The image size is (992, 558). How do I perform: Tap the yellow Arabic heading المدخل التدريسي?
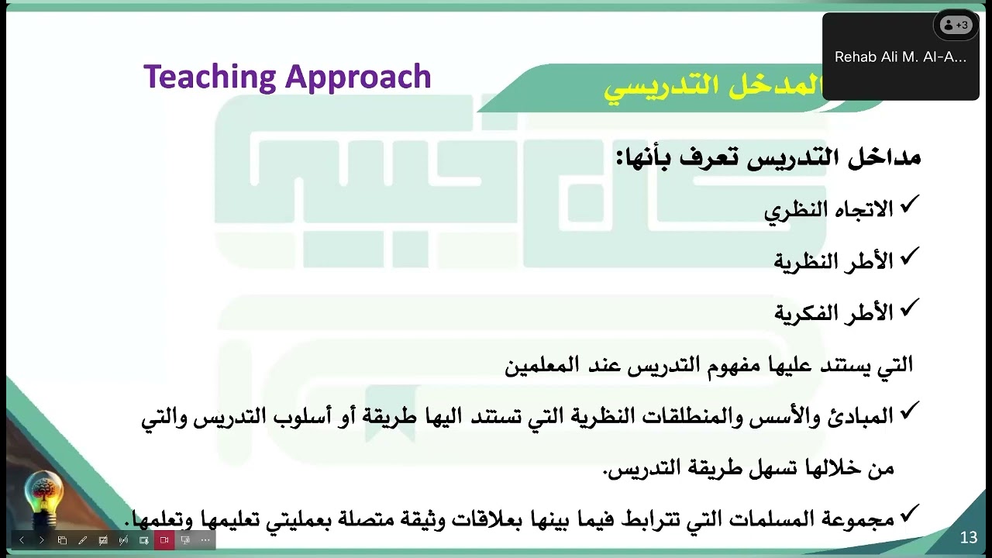713,88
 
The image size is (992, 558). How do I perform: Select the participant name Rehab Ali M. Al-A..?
900,57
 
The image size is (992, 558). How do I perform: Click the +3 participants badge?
956,25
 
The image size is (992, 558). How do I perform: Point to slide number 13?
968,538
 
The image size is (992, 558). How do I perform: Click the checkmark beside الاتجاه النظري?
910,205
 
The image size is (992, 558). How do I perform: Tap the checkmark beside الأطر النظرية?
910,257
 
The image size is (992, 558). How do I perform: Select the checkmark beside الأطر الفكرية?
910,308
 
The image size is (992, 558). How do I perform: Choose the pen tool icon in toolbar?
83,540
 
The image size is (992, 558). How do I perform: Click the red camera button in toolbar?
164,540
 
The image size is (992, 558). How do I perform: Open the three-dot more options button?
205,540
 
